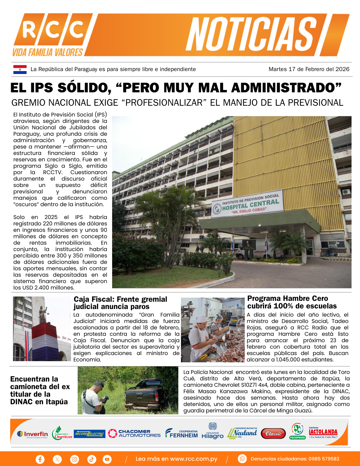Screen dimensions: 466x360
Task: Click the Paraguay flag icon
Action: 20,69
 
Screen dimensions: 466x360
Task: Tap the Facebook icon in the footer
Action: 40,459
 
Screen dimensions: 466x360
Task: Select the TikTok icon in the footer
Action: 91,459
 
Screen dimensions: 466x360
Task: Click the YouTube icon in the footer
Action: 107,459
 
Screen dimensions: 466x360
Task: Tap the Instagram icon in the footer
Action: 75,459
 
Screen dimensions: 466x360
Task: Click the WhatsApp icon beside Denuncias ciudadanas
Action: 242,459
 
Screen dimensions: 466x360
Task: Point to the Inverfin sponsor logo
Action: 33,434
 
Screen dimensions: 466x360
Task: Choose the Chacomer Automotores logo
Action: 134,433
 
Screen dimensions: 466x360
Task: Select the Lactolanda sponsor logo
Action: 323,433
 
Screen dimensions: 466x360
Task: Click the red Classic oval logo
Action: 273,434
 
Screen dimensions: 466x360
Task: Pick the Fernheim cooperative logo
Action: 181,434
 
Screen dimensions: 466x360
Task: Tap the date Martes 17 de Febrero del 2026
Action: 309,69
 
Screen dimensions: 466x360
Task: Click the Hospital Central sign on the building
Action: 248,204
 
